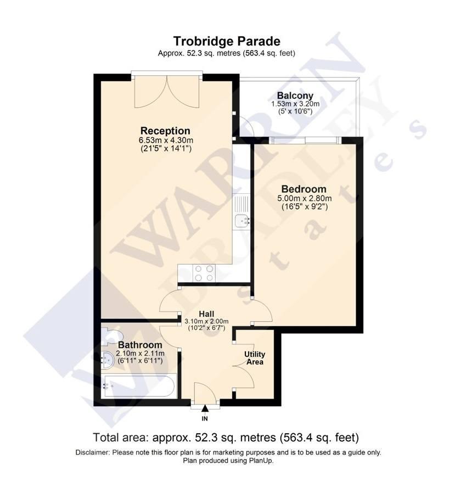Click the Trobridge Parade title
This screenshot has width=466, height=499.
point(227,41)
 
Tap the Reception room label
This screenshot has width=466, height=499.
point(165,131)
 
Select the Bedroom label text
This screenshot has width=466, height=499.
point(304,189)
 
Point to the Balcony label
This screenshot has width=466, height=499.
point(295,96)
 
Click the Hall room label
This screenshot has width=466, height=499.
point(206,314)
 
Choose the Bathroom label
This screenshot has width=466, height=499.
point(140,345)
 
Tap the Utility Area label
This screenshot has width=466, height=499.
point(255,358)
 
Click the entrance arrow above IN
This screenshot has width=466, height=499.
point(205,408)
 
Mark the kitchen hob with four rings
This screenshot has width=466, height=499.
point(204,273)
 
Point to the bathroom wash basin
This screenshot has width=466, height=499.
point(107,360)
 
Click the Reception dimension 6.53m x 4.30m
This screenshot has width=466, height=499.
point(166,140)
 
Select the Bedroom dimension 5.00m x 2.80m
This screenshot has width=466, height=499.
point(305,198)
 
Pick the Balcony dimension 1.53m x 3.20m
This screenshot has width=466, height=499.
point(295,104)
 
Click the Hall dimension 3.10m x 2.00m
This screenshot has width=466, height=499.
point(206,322)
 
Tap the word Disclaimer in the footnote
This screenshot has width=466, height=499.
point(93,452)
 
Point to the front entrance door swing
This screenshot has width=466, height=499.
point(205,392)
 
